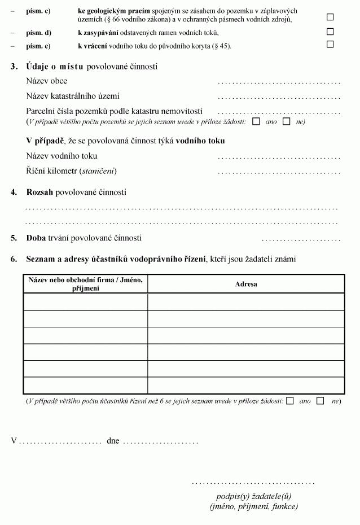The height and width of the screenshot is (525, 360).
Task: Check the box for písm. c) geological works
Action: (330, 17)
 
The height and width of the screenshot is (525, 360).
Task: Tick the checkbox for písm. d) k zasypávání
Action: (330, 32)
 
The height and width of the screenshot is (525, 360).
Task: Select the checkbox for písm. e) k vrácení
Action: (330, 44)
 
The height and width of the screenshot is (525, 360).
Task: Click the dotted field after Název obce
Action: (279, 82)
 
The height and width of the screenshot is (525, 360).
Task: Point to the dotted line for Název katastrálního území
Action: (279, 97)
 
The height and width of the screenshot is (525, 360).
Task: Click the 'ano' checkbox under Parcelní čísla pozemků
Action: (257, 121)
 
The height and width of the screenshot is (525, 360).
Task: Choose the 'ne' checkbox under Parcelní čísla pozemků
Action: (287, 121)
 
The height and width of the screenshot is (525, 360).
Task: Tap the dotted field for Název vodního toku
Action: (279, 157)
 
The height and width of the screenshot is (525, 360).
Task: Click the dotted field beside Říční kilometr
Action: (279, 172)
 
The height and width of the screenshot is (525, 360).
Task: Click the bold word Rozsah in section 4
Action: (39, 193)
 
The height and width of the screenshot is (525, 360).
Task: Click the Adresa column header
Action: (246, 284)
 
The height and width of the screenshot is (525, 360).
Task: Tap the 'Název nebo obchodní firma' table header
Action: (86, 284)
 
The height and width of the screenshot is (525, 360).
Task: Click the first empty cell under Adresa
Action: (246, 302)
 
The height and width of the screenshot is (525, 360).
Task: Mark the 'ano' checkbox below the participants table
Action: (290, 401)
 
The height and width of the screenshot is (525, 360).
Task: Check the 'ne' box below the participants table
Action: (321, 401)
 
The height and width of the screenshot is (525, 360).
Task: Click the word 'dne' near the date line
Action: (113, 441)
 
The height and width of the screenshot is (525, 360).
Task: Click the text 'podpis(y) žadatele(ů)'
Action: (253, 497)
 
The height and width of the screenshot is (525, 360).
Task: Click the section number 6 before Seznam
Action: (13, 260)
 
